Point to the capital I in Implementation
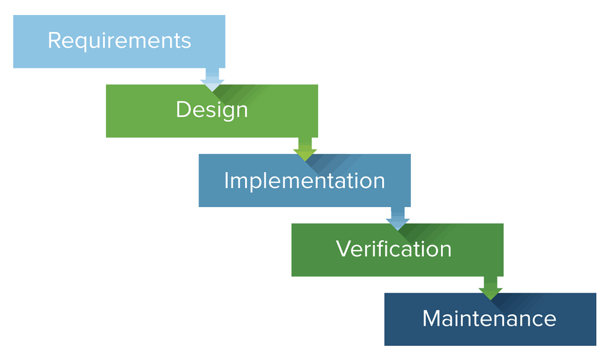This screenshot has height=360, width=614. click(x=227, y=180)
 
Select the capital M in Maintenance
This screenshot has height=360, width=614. click(x=433, y=318)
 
